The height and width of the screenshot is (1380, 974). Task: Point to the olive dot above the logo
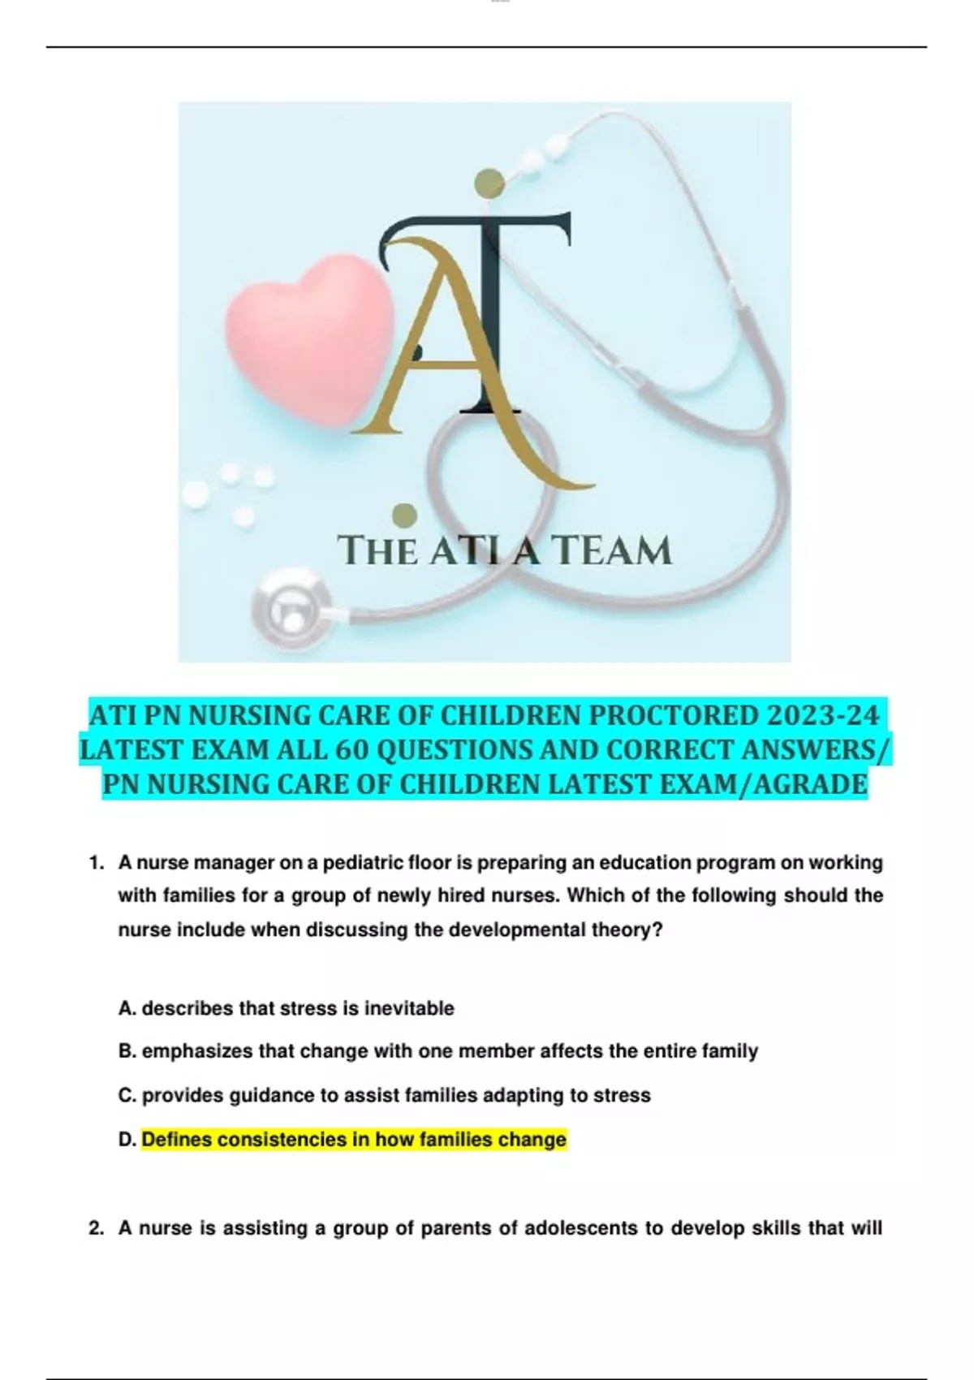click(489, 183)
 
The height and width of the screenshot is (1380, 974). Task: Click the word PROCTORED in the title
click(673, 716)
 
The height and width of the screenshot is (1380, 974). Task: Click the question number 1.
click(96, 862)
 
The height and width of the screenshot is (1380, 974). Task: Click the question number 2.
click(96, 1228)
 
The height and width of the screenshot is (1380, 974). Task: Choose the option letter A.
click(127, 1008)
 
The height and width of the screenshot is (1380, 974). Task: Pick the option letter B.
click(127, 1051)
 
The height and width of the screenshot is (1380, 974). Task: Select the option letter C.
click(127, 1095)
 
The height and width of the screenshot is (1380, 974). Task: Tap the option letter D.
click(127, 1140)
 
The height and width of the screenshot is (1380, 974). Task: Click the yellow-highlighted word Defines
click(178, 1140)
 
